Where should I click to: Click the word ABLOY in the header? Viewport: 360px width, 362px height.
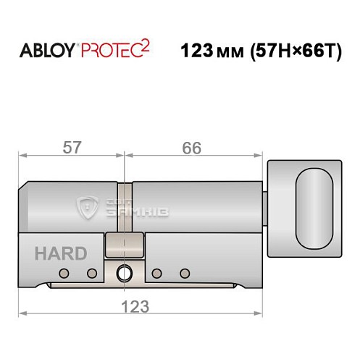(45, 53)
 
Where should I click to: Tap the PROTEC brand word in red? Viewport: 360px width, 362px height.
(109, 53)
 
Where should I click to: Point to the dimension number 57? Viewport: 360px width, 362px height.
(70, 148)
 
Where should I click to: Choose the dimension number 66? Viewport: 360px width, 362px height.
(191, 148)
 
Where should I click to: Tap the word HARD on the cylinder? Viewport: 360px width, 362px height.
(60, 254)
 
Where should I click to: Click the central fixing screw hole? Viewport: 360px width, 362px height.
(123, 274)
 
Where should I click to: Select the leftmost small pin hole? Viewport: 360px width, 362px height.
(64, 273)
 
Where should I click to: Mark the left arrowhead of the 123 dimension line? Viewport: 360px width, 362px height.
(22, 313)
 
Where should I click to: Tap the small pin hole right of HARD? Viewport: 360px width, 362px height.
(92, 273)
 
